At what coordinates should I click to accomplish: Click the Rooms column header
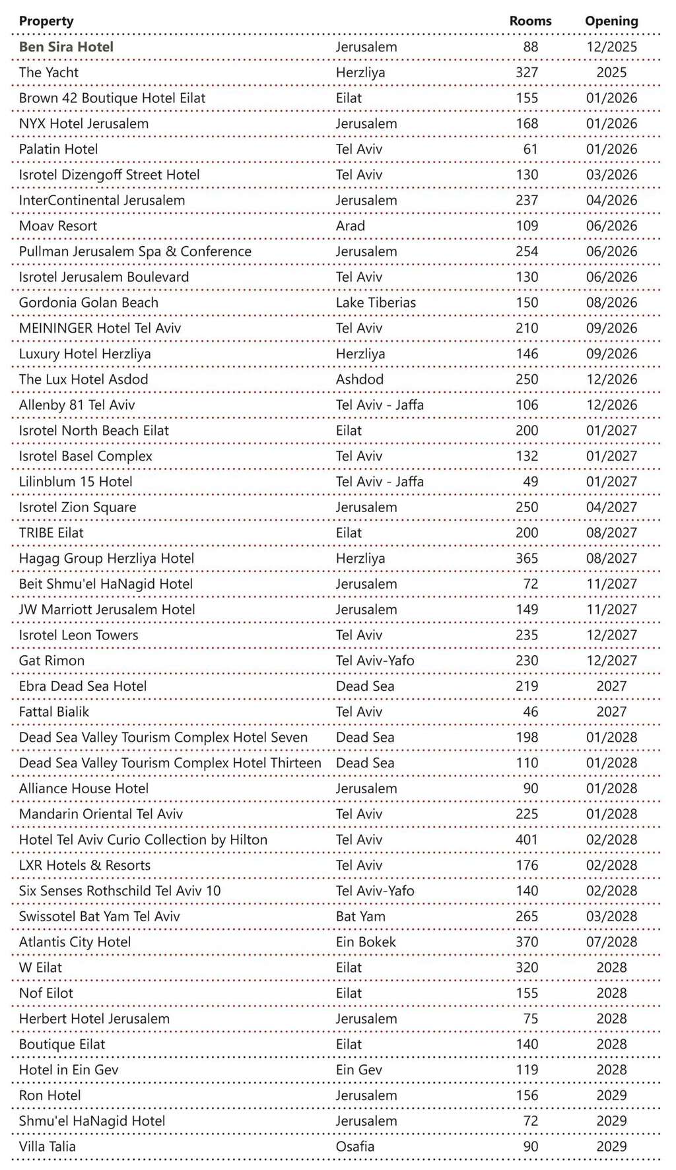click(x=529, y=21)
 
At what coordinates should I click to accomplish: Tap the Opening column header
click(x=611, y=21)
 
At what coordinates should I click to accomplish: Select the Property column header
click(x=46, y=21)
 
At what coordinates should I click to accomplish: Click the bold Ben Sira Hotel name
click(x=66, y=47)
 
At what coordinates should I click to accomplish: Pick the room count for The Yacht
click(x=526, y=73)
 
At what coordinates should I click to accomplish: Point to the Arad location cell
click(x=350, y=226)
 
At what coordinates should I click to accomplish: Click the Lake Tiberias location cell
click(x=376, y=303)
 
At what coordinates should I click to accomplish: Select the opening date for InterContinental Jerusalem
click(x=611, y=201)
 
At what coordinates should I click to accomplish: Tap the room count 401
click(x=526, y=840)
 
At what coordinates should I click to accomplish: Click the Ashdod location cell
click(x=359, y=379)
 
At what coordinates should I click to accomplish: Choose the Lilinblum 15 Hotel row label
click(x=75, y=482)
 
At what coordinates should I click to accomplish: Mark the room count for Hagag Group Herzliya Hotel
click(x=526, y=558)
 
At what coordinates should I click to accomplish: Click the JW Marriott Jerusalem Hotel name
click(x=107, y=610)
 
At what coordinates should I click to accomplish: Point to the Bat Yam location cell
click(x=360, y=917)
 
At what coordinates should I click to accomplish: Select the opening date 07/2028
click(x=611, y=942)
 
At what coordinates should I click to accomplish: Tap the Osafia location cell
click(x=355, y=1147)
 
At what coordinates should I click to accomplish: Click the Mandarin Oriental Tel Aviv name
click(x=100, y=814)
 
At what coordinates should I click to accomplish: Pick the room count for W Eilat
click(x=526, y=968)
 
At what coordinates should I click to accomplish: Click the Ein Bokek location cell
click(x=366, y=942)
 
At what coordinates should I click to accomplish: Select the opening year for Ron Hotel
click(x=611, y=1095)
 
